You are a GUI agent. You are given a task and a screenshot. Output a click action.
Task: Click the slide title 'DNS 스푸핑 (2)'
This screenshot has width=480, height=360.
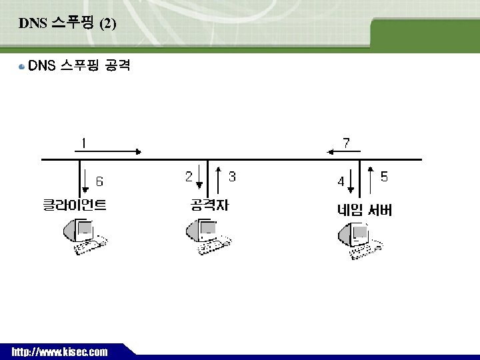coord(67,25)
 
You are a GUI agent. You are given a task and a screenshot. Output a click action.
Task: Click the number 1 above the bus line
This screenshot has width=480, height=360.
coord(83,143)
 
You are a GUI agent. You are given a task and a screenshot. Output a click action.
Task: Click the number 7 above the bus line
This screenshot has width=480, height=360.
coord(346,143)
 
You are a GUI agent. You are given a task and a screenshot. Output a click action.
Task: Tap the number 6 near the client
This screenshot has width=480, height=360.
coord(99,181)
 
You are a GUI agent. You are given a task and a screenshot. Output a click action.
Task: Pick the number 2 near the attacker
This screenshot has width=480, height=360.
coord(189,177)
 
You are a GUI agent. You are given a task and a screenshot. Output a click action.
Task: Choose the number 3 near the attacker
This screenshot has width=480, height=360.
coord(232,177)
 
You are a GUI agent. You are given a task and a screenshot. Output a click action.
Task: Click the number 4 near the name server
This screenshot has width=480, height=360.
coord(341,181)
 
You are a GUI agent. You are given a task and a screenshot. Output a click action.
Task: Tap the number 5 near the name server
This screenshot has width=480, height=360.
coord(384,177)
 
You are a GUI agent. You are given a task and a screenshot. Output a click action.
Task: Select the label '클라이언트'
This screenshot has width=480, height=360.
coord(75,205)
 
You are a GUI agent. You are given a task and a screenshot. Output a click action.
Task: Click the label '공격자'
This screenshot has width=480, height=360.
coord(209,205)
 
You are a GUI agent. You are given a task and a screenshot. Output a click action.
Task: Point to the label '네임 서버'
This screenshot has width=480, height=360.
coord(364,211)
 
